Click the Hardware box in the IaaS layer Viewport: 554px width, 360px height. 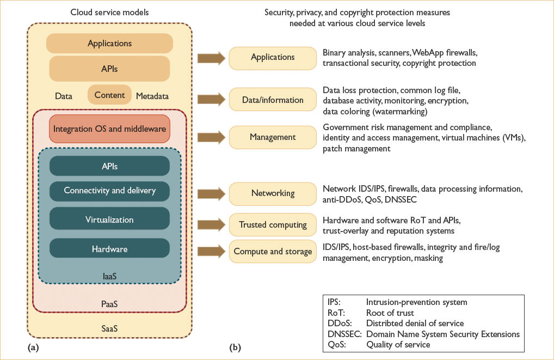pos(109,249)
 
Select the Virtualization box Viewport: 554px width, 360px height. pos(109,220)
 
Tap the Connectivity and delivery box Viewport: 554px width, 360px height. pos(109,191)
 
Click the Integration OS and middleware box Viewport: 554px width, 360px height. pos(109,130)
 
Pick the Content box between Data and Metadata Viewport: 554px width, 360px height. pos(109,95)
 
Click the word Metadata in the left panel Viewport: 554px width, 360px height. pos(152,96)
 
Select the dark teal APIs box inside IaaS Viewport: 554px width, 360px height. pos(109,166)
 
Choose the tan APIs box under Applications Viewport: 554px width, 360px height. pos(109,69)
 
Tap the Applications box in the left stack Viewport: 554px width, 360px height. pos(109,44)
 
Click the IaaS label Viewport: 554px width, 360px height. pos(109,277)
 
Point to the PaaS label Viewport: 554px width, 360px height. pos(109,303)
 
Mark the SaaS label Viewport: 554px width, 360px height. pos(109,329)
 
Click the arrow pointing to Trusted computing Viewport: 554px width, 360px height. pos(212,224)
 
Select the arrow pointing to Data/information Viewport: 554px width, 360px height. pos(212,100)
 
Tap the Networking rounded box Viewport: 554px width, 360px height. pos(273,193)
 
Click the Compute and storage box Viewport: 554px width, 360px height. pos(273,251)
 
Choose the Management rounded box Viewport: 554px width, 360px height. pos(273,137)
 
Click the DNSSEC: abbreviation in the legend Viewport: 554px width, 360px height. pos(344,334)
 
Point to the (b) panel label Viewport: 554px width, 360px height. pos(235,346)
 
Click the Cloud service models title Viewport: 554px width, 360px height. pos(109,13)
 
